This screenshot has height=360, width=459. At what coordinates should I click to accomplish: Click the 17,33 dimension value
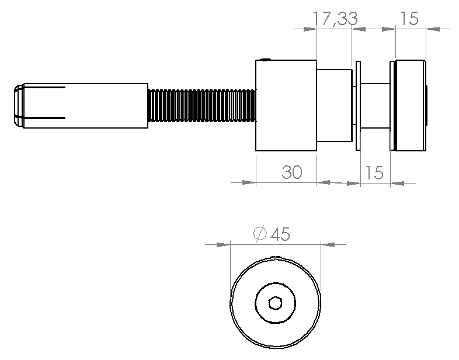point(335,19)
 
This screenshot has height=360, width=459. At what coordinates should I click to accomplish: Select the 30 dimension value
point(292,172)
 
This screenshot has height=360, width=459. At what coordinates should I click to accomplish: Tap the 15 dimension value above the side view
point(409,19)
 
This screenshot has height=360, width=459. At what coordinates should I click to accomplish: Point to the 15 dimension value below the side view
point(374,172)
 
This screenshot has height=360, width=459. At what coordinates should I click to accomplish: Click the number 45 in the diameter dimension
point(280,234)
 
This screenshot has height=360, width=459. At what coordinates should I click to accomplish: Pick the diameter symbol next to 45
point(260,234)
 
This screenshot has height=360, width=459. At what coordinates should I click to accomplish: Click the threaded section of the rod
point(202,105)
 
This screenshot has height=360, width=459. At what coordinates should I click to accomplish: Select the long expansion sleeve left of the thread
point(85,105)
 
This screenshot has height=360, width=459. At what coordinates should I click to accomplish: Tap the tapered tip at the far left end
point(19,105)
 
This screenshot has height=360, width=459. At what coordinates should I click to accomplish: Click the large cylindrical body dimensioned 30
point(286,105)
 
